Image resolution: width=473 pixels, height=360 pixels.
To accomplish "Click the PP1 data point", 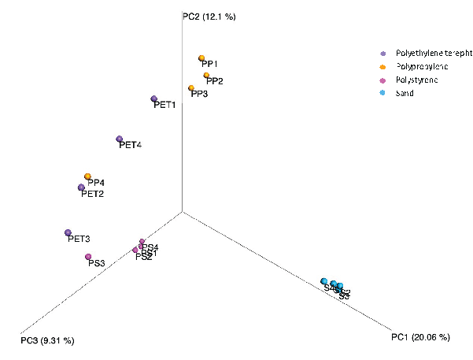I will tap(202, 58).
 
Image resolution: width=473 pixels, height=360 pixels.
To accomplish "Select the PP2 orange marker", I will tap(206, 76).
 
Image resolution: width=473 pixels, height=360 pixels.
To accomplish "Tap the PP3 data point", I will tap(191, 88).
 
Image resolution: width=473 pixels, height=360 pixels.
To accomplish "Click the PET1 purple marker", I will tap(154, 99).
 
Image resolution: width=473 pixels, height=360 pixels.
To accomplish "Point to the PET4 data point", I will tap(119, 139).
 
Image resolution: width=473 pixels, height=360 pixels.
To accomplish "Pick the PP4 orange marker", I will tap(87, 176).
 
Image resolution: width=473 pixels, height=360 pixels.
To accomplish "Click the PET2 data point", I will tap(81, 187).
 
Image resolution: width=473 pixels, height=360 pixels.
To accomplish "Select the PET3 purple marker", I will tap(68, 232).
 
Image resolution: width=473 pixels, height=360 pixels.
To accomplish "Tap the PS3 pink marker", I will tap(89, 257).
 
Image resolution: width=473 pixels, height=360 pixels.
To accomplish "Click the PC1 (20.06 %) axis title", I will tap(420, 337).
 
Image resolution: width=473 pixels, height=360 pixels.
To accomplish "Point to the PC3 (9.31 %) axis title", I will tap(47, 340).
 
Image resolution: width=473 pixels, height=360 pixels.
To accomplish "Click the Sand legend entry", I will tap(405, 93).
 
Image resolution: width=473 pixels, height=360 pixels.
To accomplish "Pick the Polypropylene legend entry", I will tap(420, 66).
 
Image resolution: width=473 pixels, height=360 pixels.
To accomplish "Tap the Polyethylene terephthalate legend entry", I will tap(425, 53).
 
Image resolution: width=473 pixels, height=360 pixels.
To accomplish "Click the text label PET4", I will tap(130, 146).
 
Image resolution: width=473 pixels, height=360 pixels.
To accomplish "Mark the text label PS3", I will tap(97, 263).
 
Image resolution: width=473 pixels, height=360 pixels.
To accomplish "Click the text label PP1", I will tap(209, 65).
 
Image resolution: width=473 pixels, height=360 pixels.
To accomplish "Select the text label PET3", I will tap(79, 239).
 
